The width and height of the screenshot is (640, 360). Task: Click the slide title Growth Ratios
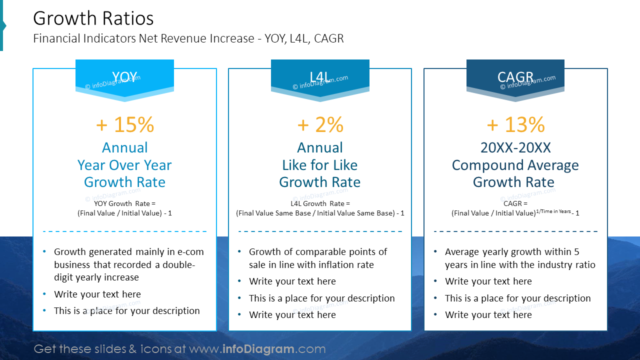(93, 18)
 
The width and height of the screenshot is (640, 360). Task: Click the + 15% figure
(125, 125)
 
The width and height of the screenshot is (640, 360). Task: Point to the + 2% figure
(320, 125)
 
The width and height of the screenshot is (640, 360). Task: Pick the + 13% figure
(515, 125)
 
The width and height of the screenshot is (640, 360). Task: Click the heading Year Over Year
(124, 165)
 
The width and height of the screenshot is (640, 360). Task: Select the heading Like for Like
(320, 165)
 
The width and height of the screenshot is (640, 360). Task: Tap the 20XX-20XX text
(515, 147)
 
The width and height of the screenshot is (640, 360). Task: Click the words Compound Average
(515, 165)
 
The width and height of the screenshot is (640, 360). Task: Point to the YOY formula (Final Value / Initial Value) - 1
(124, 213)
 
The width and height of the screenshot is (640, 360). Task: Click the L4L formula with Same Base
(320, 213)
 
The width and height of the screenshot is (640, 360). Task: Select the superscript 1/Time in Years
(553, 211)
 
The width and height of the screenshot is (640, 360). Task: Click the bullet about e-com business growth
(128, 264)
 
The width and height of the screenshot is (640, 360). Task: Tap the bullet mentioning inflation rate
(317, 258)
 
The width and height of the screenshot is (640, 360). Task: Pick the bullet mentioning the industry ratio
(520, 258)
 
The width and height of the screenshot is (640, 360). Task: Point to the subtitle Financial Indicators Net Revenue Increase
(188, 38)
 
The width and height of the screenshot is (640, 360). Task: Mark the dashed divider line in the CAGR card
(515, 231)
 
